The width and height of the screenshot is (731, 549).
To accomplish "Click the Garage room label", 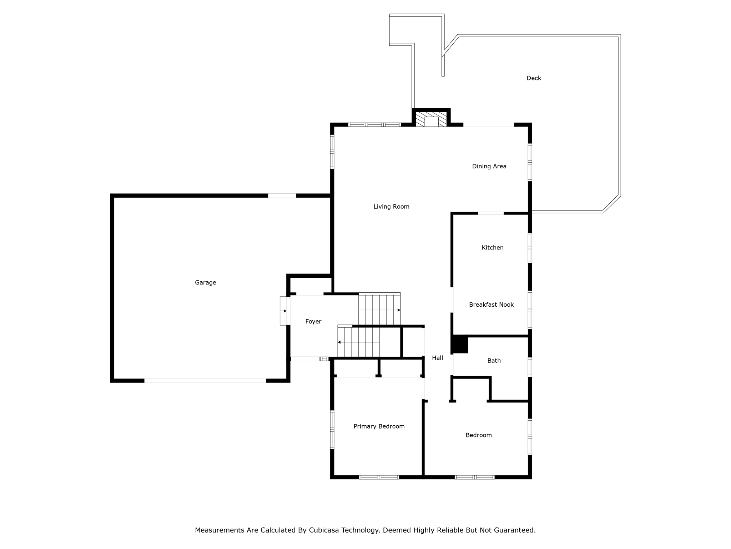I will (205, 283).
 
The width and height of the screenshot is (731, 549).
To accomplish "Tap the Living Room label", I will (391, 207).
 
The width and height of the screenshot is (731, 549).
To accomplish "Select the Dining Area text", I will (489, 166).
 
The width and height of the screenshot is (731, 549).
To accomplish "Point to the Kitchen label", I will (492, 248).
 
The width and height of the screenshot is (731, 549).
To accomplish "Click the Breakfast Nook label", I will (491, 305).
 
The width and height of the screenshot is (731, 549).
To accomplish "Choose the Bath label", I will (494, 361).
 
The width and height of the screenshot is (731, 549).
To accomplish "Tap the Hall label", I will (437, 358).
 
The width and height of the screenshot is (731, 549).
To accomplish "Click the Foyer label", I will (313, 322).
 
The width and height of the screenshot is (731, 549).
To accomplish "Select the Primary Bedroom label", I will (379, 426).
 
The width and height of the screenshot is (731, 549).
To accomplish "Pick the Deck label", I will (534, 78).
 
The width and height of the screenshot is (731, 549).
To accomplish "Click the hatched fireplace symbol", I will (431, 119).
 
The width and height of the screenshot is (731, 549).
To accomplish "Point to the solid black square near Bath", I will (460, 345).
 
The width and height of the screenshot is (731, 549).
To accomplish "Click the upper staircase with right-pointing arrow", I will (379, 309).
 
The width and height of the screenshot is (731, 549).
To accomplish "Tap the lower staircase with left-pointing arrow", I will (358, 342).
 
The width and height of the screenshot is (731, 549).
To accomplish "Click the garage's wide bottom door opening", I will (205, 381).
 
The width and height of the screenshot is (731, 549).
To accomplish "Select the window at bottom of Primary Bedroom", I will (379, 477).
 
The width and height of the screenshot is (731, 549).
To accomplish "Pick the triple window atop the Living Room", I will (374, 125).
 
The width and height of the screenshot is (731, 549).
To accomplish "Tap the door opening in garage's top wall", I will (282, 196).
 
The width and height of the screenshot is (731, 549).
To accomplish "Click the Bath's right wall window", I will (530, 367).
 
